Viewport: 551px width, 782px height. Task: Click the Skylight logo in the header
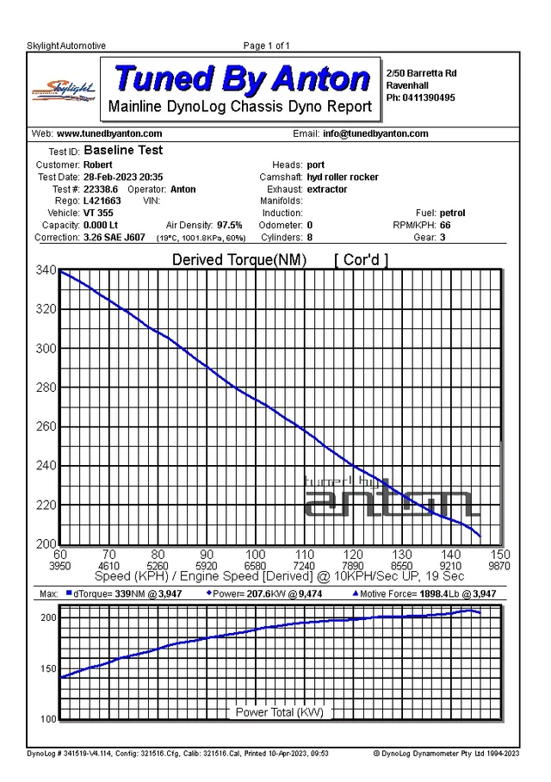pyautogui.click(x=64, y=90)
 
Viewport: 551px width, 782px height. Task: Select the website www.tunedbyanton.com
pyautogui.click(x=109, y=133)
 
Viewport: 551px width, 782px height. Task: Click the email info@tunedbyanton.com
pyautogui.click(x=375, y=133)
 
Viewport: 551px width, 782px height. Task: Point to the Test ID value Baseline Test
pyautogui.click(x=123, y=150)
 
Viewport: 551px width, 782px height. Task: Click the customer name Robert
pyautogui.click(x=98, y=164)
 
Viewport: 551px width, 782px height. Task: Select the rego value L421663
pyautogui.click(x=102, y=201)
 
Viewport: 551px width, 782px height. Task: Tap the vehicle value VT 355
pyautogui.click(x=98, y=213)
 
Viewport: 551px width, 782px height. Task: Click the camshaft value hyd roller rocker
pyautogui.click(x=343, y=177)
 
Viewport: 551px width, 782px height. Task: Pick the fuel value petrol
pyautogui.click(x=452, y=213)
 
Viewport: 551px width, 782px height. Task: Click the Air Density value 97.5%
pyautogui.click(x=229, y=225)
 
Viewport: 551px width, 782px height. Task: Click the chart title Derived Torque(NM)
pyautogui.click(x=238, y=260)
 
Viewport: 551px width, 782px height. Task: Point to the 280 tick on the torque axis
pyautogui.click(x=46, y=388)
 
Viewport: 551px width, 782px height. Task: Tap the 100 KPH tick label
pyautogui.click(x=256, y=555)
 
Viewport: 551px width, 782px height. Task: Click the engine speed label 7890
pyautogui.click(x=353, y=566)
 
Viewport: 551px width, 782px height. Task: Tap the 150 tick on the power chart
pyautogui.click(x=48, y=669)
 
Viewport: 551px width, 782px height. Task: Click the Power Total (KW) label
pyautogui.click(x=279, y=712)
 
